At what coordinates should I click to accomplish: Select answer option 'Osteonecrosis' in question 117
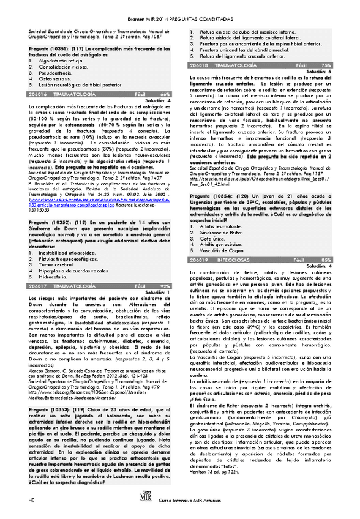[56, 78]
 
